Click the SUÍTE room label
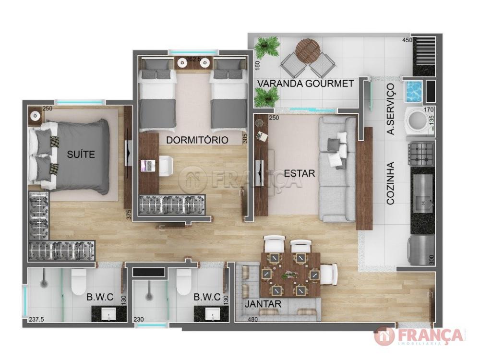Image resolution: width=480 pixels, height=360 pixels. point(81,154)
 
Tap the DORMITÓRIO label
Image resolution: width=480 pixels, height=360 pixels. point(197,140)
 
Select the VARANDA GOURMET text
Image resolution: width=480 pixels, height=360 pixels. point(305,83)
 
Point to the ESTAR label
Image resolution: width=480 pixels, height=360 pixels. point(300,173)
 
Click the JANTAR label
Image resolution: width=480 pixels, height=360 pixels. point(263,304)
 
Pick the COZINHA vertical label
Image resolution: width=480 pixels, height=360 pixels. point(390,183)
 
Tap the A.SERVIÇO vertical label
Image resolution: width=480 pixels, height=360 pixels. point(391,109)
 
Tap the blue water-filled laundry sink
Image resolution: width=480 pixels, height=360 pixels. point(413,91)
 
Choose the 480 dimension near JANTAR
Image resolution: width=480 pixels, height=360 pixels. point(252,319)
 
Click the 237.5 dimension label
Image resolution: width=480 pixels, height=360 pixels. point(36,319)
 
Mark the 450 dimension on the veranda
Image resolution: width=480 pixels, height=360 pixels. point(407,40)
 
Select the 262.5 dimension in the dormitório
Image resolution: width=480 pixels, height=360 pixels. point(193,60)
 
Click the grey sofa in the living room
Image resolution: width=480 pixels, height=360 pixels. point(337,169)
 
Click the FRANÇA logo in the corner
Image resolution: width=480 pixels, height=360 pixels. point(419,336)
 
